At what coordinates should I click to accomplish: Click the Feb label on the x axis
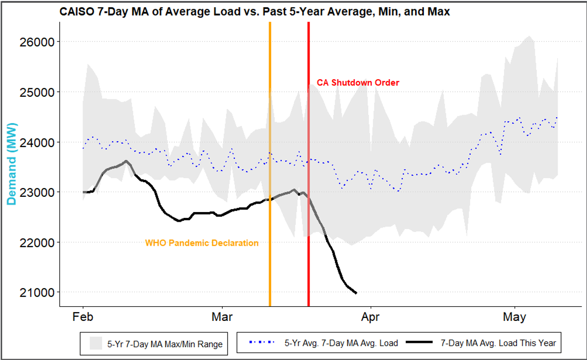[83, 317]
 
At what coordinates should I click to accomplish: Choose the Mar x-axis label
[222, 317]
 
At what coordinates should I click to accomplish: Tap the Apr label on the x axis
[371, 317]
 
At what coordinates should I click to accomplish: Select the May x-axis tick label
[515, 317]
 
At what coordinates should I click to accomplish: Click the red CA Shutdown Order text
[358, 83]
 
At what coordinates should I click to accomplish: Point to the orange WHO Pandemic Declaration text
[202, 243]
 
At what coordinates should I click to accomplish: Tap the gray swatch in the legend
[96, 343]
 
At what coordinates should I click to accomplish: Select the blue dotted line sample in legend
[261, 343]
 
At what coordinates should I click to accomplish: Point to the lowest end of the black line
[356, 293]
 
